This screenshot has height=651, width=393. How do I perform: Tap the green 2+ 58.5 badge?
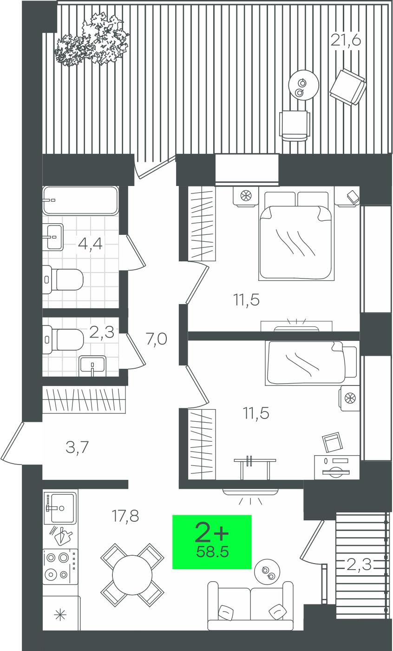[x=212, y=542]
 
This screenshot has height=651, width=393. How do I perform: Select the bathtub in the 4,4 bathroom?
[x=81, y=200]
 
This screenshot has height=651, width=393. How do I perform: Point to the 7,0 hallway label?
[x=157, y=339]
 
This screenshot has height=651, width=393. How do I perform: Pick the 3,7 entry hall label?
[x=77, y=447]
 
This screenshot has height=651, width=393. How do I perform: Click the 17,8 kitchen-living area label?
[x=125, y=516]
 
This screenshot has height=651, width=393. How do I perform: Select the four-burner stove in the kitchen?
[x=60, y=566]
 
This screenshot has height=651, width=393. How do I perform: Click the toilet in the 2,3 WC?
[x=63, y=339]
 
